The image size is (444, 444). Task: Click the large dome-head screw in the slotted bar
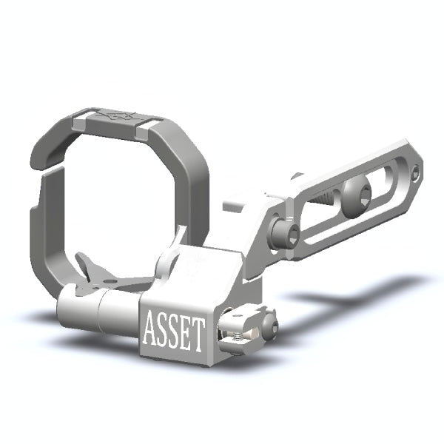click(x=360, y=196)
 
